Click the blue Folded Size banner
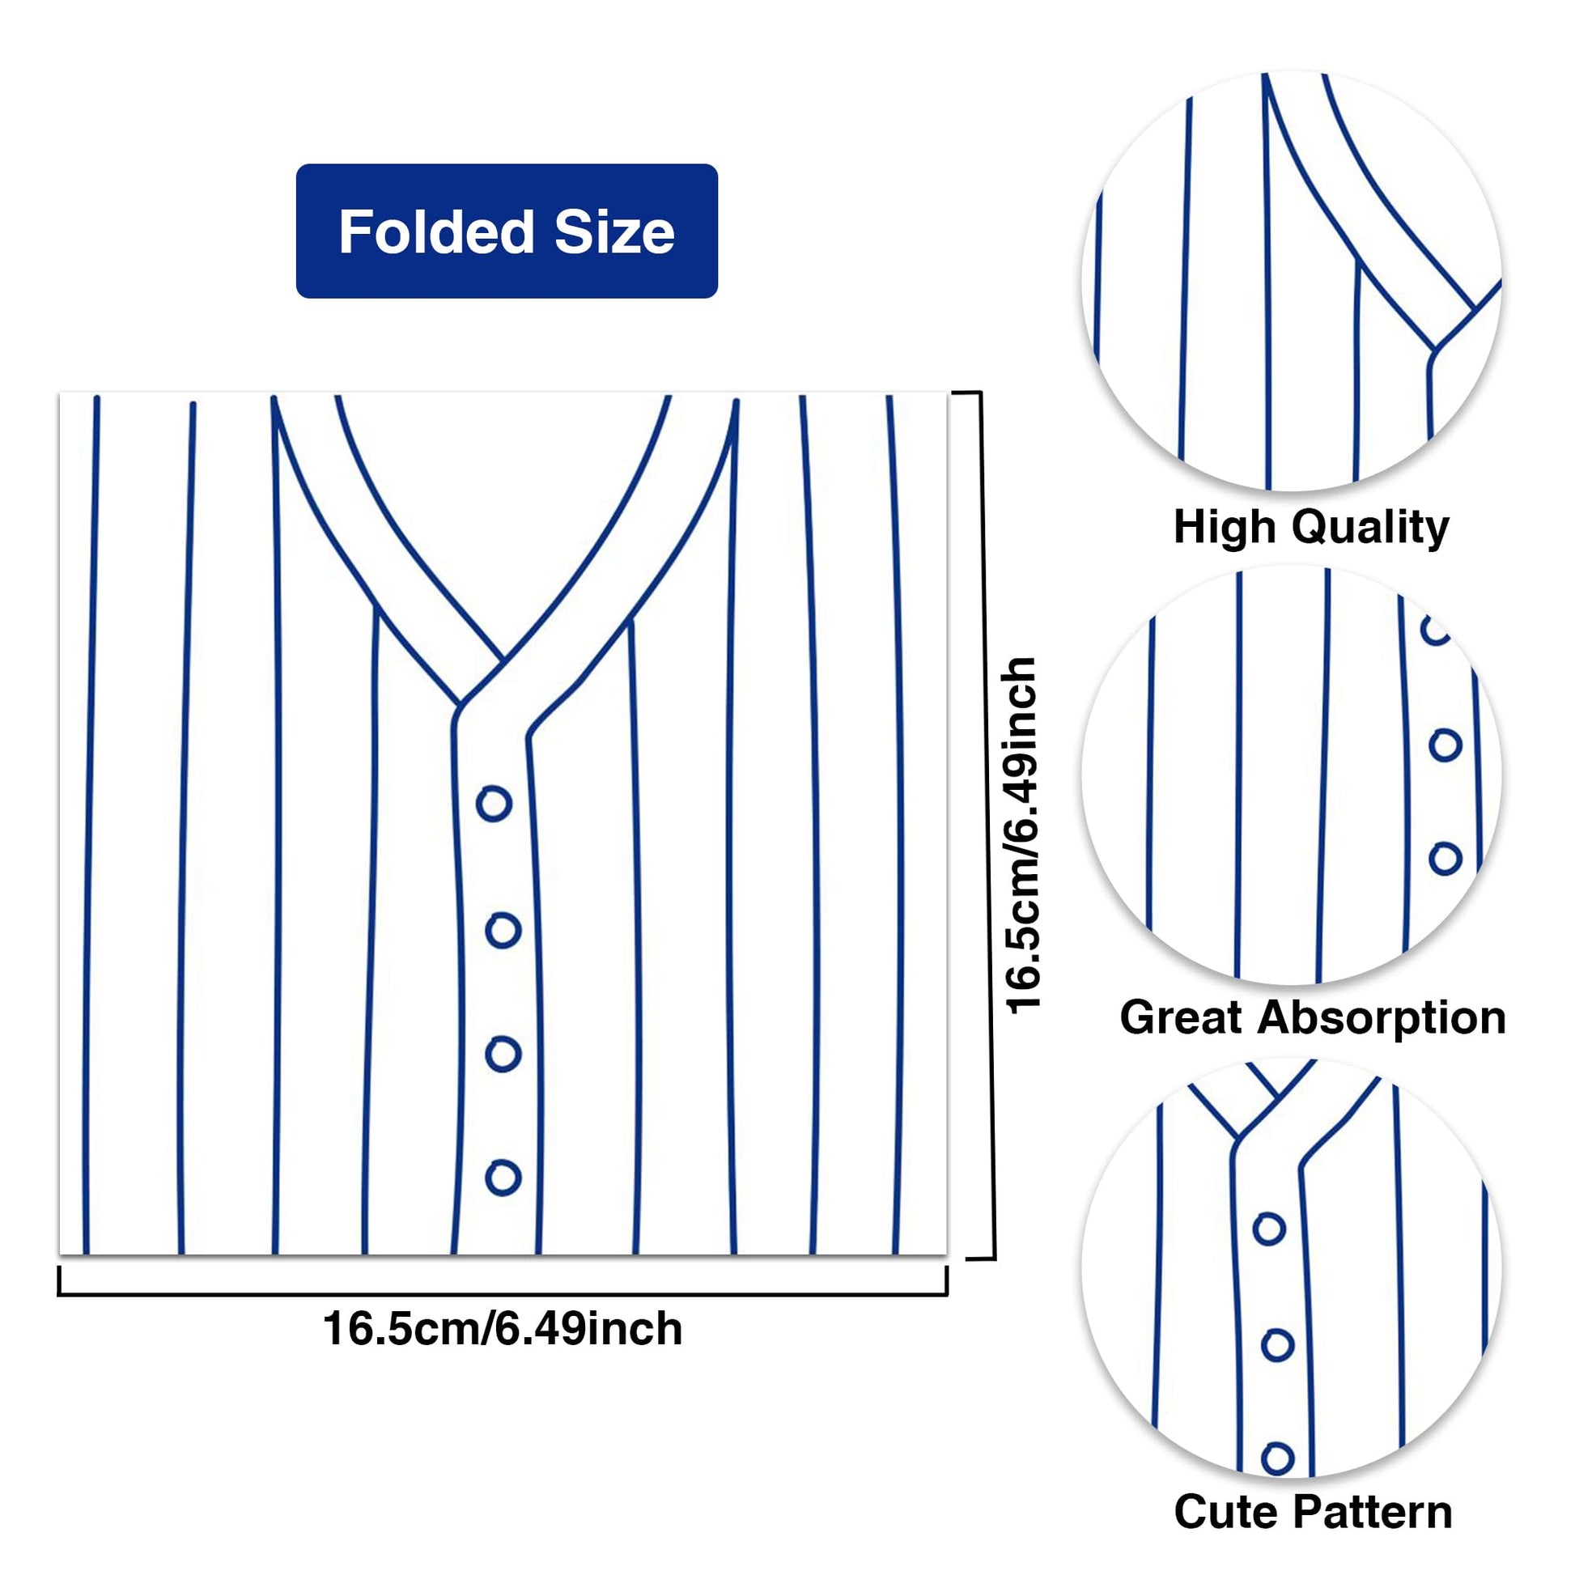[507, 231]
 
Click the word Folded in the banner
[436, 231]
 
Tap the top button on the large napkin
[494, 804]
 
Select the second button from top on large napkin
[503, 930]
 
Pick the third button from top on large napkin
[503, 1054]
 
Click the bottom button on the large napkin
[503, 1177]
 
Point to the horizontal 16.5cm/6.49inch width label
[503, 1330]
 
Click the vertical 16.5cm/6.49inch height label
[1022, 834]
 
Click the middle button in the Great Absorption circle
[1446, 745]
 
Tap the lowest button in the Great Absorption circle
[1446, 860]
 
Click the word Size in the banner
[614, 231]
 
